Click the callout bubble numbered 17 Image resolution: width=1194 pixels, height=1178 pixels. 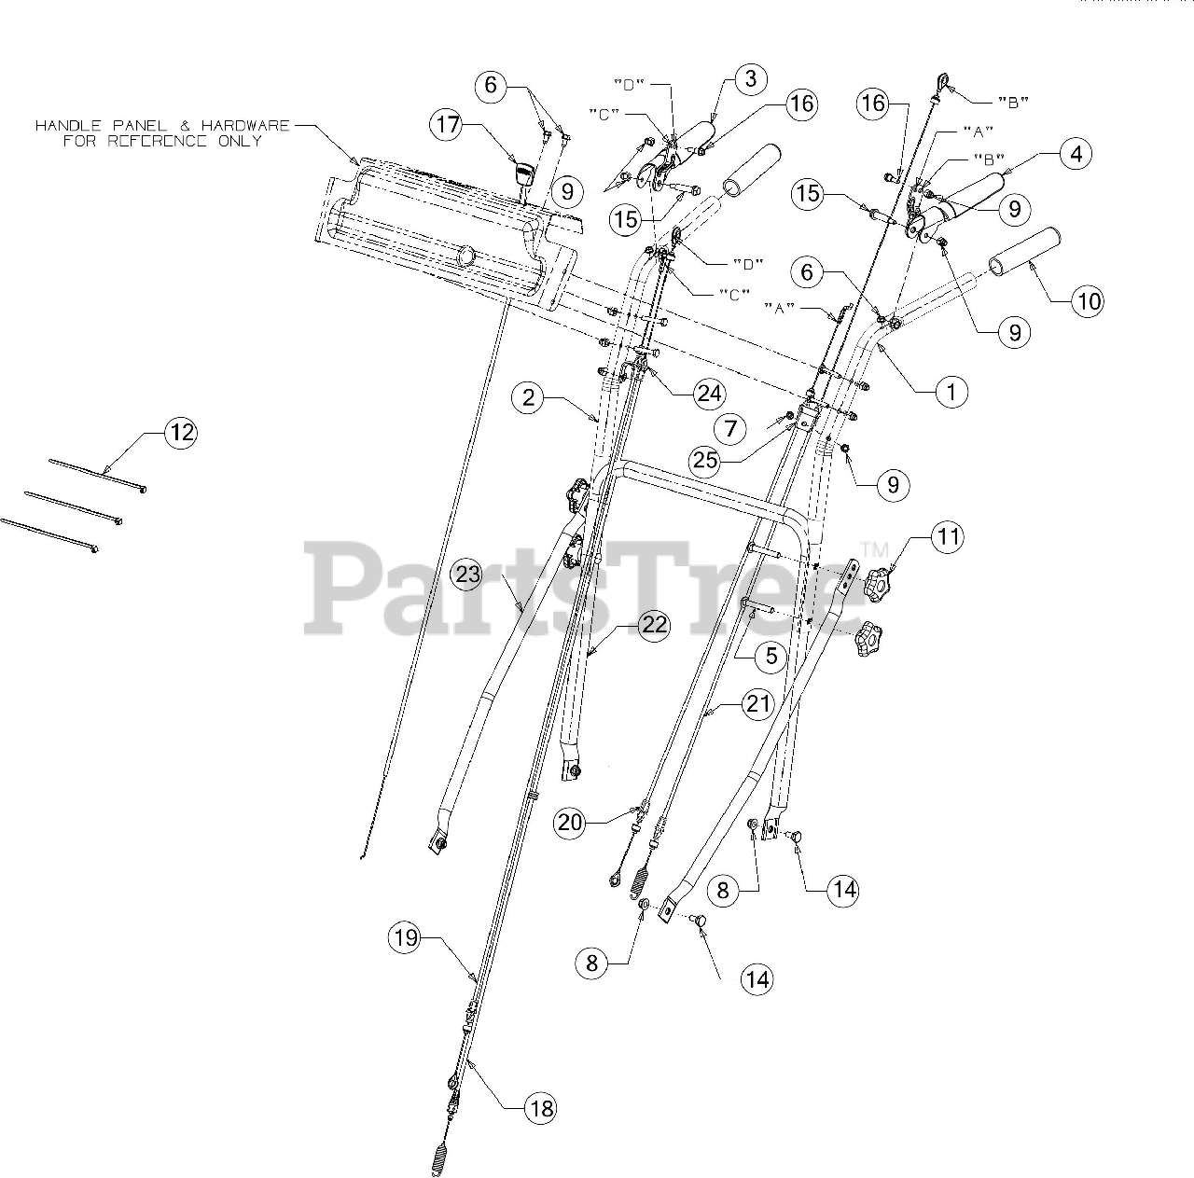449,126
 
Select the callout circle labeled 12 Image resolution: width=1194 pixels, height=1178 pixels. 182,432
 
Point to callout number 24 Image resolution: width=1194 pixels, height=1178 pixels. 709,394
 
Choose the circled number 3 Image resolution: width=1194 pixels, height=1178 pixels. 751,80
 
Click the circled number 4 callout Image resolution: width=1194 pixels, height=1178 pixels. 1076,154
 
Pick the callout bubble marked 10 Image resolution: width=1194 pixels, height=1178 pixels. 1089,300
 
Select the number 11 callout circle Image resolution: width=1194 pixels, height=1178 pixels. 948,536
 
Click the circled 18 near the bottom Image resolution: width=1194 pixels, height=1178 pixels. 540,1108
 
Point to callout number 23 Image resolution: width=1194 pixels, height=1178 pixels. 468,575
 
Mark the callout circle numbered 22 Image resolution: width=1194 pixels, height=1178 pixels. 654,625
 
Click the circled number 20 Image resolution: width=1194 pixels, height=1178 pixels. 571,822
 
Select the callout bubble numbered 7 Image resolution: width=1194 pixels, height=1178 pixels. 730,429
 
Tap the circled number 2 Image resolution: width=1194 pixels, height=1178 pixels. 529,398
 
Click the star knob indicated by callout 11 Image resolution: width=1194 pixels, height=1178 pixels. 876,584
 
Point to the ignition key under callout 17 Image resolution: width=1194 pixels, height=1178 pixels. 523,174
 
